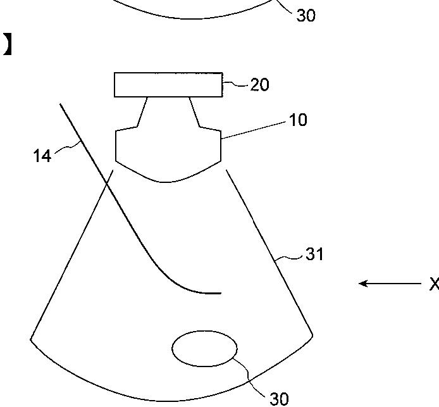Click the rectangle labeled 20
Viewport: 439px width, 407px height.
click(168, 85)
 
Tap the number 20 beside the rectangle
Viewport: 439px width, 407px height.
click(259, 84)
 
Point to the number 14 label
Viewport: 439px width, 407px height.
click(42, 156)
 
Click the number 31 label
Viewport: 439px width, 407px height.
click(314, 254)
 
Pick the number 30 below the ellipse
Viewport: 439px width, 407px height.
click(279, 398)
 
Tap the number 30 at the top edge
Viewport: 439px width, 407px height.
click(306, 15)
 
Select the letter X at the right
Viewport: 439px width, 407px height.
click(433, 284)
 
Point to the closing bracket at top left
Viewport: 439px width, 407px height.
click(7, 45)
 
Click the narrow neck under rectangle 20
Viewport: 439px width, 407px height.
click(168, 111)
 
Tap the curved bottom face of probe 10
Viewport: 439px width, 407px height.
click(167, 178)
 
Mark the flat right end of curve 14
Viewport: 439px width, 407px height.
click(219, 293)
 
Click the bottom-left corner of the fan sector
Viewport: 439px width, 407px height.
click(31, 340)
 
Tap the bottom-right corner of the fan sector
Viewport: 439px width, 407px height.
click(312, 334)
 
